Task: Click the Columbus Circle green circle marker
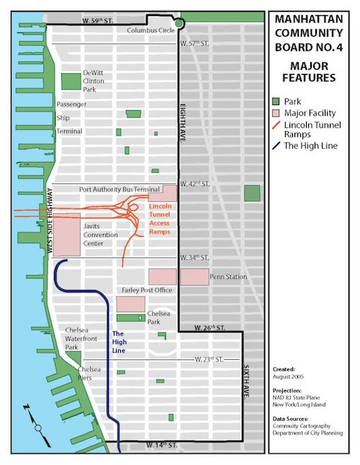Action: tap(179, 24)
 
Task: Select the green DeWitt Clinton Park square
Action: tap(70, 81)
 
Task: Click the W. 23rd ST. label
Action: tap(201, 358)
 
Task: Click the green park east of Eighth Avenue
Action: tap(251, 193)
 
